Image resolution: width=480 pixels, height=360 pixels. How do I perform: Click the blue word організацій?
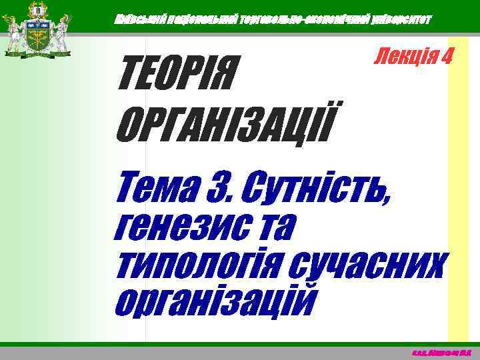213,299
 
